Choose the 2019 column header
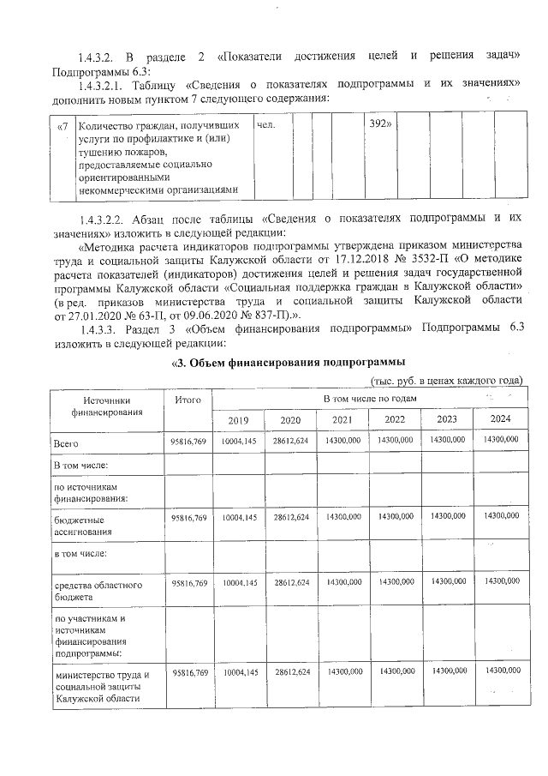point(239,420)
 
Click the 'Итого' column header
point(188,400)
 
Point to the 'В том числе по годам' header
point(369,400)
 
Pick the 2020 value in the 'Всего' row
point(291,439)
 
